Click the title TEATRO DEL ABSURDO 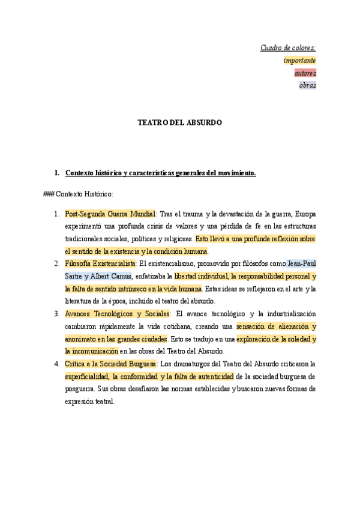tap(180, 122)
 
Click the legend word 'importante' tap(299, 60)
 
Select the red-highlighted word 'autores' tap(305, 73)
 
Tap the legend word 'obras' tap(307, 85)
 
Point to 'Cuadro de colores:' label tap(288, 47)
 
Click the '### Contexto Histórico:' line tap(79, 194)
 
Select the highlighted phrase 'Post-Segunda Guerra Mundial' tap(110, 214)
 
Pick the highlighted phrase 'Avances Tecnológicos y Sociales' tap(117, 314)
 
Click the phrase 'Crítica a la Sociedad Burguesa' tap(110, 364)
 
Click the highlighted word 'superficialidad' tap(87, 376)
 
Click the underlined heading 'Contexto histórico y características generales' tap(160, 173)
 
